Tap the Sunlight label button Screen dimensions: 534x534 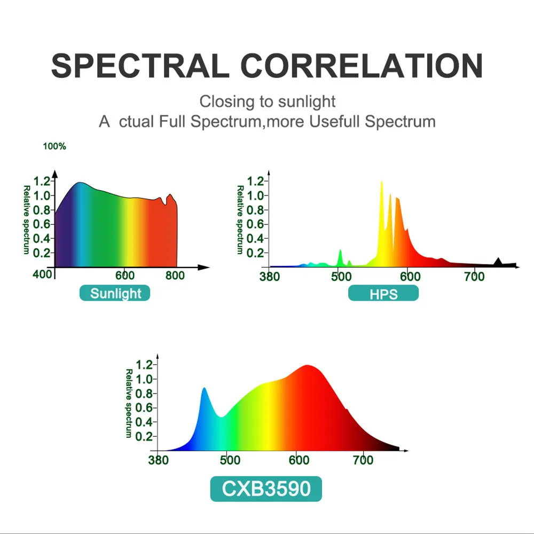click(115, 293)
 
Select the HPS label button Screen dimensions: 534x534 click(383, 293)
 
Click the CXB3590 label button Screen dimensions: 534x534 click(266, 489)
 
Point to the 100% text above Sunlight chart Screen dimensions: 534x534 click(54, 146)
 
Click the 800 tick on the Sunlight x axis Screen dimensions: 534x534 click(175, 276)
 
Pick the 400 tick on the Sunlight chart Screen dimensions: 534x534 click(43, 275)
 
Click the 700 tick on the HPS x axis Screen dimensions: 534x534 click(474, 277)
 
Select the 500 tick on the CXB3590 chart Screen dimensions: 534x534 click(230, 460)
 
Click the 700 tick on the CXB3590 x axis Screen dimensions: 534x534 click(363, 460)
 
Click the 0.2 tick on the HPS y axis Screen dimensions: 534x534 click(255, 253)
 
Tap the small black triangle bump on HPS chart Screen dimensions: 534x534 click(498, 261)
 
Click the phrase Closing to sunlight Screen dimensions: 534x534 click(268, 101)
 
